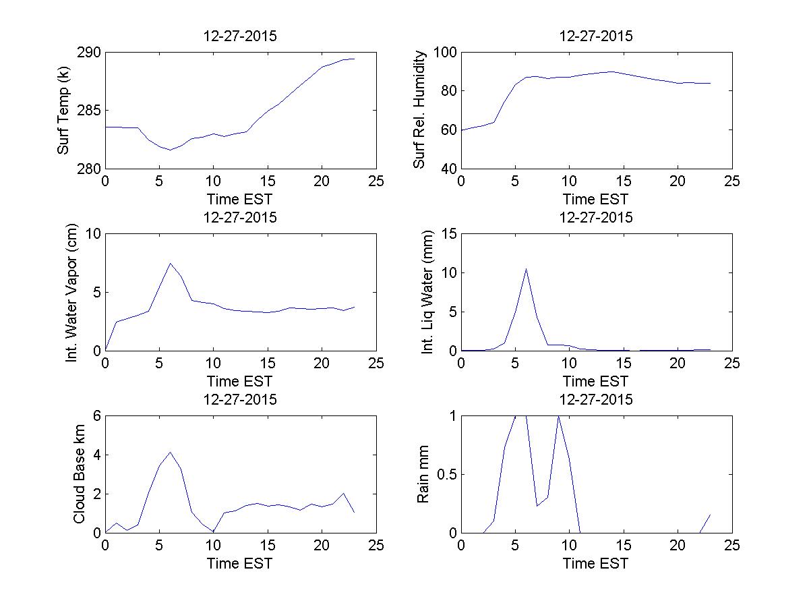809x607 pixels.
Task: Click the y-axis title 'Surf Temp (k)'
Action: tap(63, 111)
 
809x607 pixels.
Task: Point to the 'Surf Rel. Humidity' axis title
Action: tap(419, 110)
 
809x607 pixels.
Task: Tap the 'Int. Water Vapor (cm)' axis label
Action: tap(72, 292)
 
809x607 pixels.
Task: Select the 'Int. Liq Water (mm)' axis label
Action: tap(427, 292)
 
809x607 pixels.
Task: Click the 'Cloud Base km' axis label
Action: tap(79, 474)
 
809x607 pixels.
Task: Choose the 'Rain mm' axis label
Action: tap(423, 474)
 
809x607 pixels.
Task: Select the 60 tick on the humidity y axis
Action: tap(448, 129)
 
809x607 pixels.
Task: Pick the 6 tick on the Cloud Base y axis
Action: tap(96, 416)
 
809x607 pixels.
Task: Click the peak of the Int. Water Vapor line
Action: tap(171, 263)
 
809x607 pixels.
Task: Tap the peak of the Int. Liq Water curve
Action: tap(526, 268)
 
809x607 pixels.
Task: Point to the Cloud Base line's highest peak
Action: tap(171, 452)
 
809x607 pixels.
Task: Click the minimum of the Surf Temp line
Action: tap(171, 150)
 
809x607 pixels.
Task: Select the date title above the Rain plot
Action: tap(596, 399)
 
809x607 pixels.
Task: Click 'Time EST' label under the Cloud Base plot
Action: tap(239, 562)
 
